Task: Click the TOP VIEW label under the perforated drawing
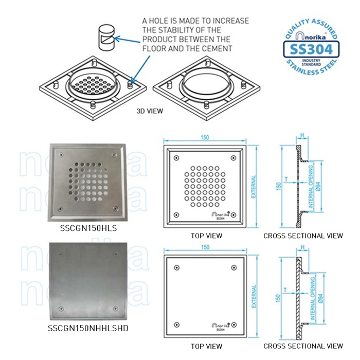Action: pos(206,236)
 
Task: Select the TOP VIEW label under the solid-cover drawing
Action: pos(206,346)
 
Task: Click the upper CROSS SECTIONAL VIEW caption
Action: pos(303,236)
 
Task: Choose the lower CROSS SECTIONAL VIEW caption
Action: pos(303,346)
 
